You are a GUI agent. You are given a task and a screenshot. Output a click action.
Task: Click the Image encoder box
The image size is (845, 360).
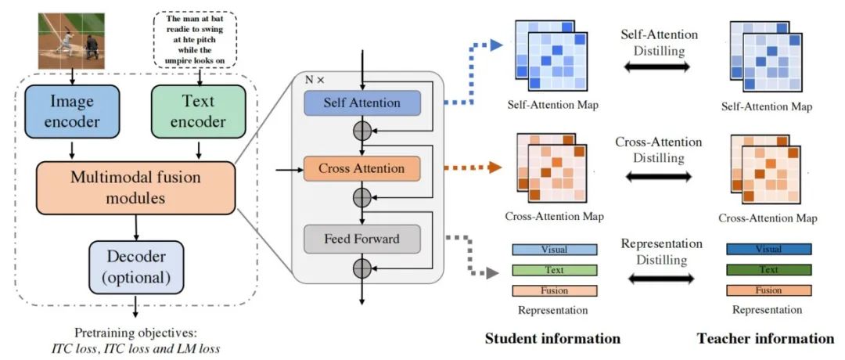71,112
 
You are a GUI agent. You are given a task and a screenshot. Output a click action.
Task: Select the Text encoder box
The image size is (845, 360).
198,112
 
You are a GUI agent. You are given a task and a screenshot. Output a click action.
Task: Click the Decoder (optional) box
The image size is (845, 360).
136,267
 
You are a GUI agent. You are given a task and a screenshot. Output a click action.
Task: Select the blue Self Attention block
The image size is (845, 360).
362,103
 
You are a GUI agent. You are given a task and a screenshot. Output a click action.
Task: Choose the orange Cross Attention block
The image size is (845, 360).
362,168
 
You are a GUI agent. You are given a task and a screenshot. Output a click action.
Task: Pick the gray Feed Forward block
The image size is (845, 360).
362,238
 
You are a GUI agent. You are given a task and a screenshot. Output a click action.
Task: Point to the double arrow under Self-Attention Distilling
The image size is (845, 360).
659,68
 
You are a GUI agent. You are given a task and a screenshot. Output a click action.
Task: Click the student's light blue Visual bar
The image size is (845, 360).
555,250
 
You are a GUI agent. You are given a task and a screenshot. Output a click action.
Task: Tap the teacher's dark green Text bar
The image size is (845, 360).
769,270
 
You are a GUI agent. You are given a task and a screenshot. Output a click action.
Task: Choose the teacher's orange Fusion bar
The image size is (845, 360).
769,290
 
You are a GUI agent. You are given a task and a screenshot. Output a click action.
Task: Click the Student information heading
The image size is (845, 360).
552,339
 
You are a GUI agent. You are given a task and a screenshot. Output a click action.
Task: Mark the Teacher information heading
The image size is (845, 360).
765,339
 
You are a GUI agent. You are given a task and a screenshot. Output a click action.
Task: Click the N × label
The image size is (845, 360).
314,79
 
